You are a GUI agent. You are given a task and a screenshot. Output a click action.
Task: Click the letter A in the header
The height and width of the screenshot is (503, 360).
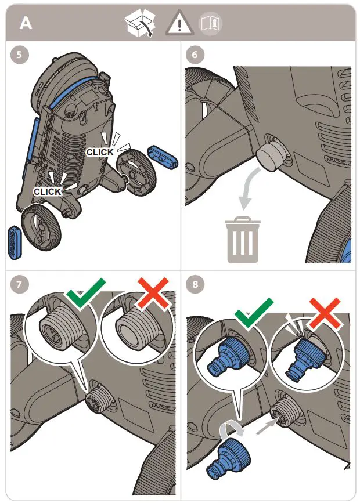click(26, 23)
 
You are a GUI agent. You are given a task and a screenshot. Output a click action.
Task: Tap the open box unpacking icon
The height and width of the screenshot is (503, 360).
click(140, 23)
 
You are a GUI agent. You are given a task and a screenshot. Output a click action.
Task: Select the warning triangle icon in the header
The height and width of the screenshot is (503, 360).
click(179, 23)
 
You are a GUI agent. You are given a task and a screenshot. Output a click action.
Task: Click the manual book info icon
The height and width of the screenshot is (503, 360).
click(211, 23)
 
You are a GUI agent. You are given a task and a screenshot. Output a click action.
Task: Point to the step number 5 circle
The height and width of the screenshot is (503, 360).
click(19, 55)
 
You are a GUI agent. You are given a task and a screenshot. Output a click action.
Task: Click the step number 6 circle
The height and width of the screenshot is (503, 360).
click(195, 55)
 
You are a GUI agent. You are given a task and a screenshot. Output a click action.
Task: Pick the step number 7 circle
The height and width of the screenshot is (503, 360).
click(19, 284)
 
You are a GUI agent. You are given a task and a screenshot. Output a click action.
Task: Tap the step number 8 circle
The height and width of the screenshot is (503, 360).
click(195, 284)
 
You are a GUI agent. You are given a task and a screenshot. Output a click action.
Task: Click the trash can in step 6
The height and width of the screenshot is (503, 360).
click(243, 240)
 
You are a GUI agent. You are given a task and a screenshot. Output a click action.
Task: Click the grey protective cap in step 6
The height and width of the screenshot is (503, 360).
click(269, 156)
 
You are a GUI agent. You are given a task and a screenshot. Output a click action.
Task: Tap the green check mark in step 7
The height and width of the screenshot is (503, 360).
click(85, 291)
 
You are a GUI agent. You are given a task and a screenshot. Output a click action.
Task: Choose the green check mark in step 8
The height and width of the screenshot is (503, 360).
click(254, 312)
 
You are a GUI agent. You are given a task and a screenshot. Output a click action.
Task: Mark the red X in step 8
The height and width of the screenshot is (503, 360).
click(325, 313)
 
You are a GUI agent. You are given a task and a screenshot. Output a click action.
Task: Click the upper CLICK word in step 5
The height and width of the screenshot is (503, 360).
click(100, 152)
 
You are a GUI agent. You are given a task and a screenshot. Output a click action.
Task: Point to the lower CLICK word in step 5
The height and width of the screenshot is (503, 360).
click(48, 191)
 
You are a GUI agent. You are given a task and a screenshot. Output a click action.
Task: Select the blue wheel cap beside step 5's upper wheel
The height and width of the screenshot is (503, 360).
click(163, 156)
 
